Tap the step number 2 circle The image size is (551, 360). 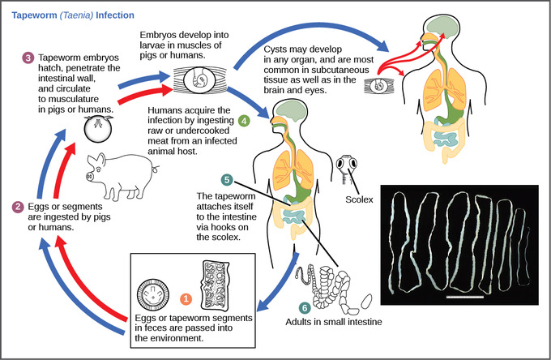point(18,207)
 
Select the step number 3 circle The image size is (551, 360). point(28,58)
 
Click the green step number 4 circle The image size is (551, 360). point(245,121)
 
